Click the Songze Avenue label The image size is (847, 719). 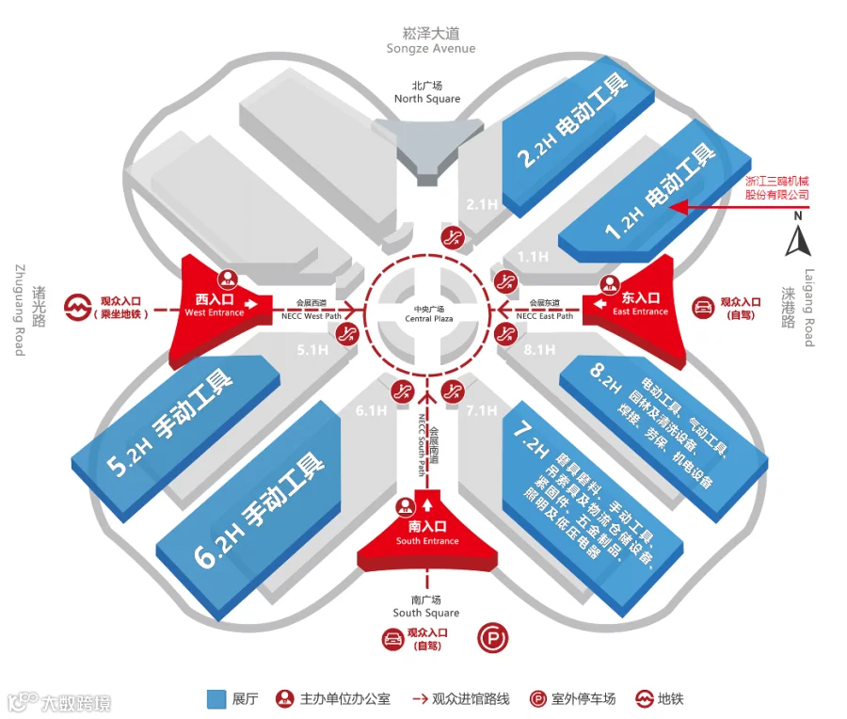pos(430,49)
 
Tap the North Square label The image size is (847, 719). pos(427,98)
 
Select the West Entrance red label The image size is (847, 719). pos(215,312)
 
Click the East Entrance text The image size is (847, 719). pos(640,312)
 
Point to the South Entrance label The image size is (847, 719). pos(427,541)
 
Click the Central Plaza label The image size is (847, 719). pos(429,319)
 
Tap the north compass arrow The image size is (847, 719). pos(798,241)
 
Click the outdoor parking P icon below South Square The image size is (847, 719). pos(492,638)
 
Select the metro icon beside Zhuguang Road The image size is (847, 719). pos(78,308)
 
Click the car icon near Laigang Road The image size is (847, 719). pos(703,308)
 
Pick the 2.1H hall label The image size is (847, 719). pos(482,204)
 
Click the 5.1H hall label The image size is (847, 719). pos(312,350)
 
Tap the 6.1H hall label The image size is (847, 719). pos(371,410)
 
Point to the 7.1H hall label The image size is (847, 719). pos(481,410)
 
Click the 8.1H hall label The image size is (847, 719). pos(539,350)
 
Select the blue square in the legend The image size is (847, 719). pos(216,699)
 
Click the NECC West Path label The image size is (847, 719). pos(312,316)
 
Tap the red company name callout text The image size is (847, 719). pos(776,187)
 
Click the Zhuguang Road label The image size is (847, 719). pos(20,310)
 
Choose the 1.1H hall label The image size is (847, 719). pos(534,257)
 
